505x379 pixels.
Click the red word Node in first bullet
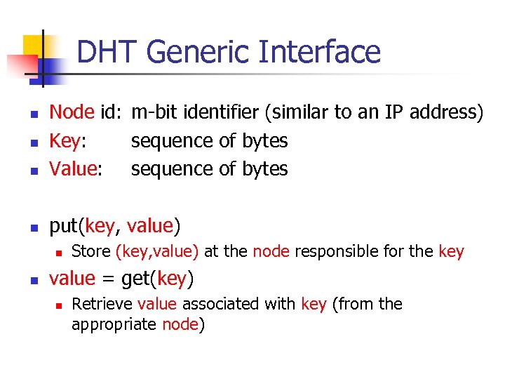(72, 112)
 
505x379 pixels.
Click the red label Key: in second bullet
(68, 140)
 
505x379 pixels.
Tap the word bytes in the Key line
(264, 140)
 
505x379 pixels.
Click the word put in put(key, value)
(63, 226)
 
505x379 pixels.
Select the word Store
(91, 252)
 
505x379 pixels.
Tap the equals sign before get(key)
(108, 279)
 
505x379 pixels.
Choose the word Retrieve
(102, 304)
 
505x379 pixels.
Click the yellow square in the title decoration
(32, 46)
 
